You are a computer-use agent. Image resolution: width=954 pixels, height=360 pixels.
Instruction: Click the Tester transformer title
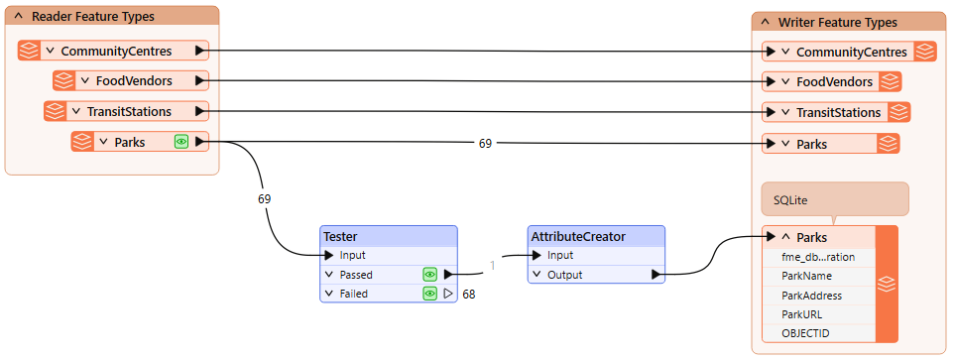pos(340,236)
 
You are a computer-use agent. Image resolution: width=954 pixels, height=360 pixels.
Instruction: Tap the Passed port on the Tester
pos(357,275)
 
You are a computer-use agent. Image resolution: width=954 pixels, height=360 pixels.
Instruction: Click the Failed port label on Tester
pos(354,294)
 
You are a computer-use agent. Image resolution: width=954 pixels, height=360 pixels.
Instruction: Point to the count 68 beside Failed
pos(469,295)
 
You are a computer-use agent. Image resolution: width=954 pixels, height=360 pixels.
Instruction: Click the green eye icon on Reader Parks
pos(181,142)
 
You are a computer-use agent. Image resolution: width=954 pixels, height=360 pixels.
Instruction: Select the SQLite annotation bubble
pos(834,199)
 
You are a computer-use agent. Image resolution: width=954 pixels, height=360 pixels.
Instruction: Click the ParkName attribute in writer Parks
pos(806,276)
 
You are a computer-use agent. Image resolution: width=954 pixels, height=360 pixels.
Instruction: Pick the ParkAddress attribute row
pos(811,296)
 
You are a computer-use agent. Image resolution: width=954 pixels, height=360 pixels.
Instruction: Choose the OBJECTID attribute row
pos(804,333)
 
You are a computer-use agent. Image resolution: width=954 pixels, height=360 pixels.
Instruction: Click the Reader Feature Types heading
pos(92,17)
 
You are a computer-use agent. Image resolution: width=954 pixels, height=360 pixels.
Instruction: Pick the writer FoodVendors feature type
pos(834,81)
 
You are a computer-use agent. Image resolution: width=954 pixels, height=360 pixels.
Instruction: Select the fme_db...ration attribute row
pos(817,257)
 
